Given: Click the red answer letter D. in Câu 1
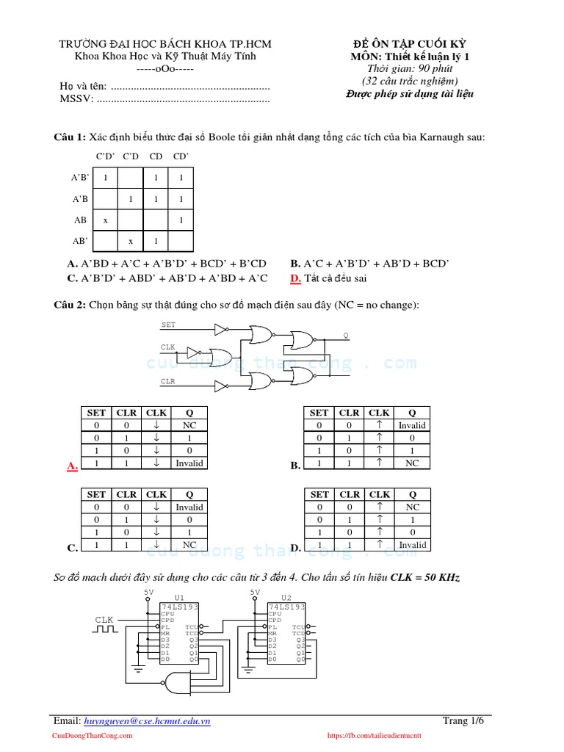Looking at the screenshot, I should [x=295, y=278].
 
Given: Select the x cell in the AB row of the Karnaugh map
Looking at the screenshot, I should [x=106, y=220].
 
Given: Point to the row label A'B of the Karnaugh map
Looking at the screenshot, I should [x=80, y=199].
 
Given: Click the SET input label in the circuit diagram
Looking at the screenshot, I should [x=168, y=325].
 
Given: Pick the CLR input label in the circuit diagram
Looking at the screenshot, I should [x=168, y=381].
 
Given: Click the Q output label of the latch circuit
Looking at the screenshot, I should [x=346, y=335].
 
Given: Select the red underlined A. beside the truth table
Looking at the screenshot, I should [x=72, y=466].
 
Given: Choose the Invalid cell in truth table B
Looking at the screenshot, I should [x=412, y=425].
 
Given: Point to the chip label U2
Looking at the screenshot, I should [x=286, y=598].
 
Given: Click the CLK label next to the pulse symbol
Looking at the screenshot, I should [x=105, y=621].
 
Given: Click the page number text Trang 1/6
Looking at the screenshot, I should [x=463, y=720].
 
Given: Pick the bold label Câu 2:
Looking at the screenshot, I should [x=70, y=304].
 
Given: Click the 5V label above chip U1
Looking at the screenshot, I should [x=149, y=592].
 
